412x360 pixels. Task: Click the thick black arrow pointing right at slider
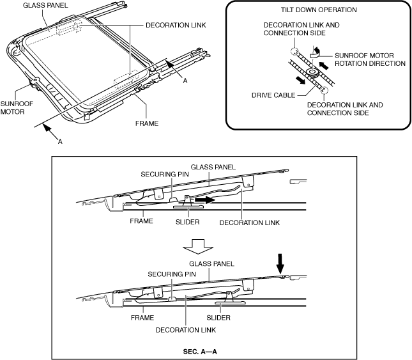[x=204, y=200]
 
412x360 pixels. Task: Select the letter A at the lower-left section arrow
[x=59, y=143]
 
